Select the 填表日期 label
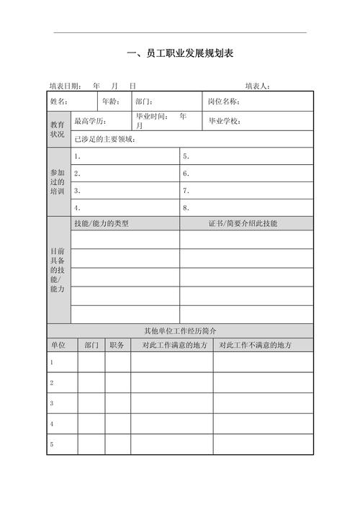coord(65,86)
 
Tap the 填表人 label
coord(257,86)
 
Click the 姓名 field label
coord(59,102)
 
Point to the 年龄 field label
coord(111,102)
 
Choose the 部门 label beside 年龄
coord(144,102)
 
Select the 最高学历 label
coord(90,121)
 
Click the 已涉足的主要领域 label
coord(105,139)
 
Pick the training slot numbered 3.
coord(77,191)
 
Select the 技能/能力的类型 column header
coord(102,223)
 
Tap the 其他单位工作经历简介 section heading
coord(180,330)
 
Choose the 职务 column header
coord(117,345)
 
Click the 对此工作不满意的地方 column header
coord(256,345)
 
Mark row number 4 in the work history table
coord(52,424)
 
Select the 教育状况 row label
coord(58,130)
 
